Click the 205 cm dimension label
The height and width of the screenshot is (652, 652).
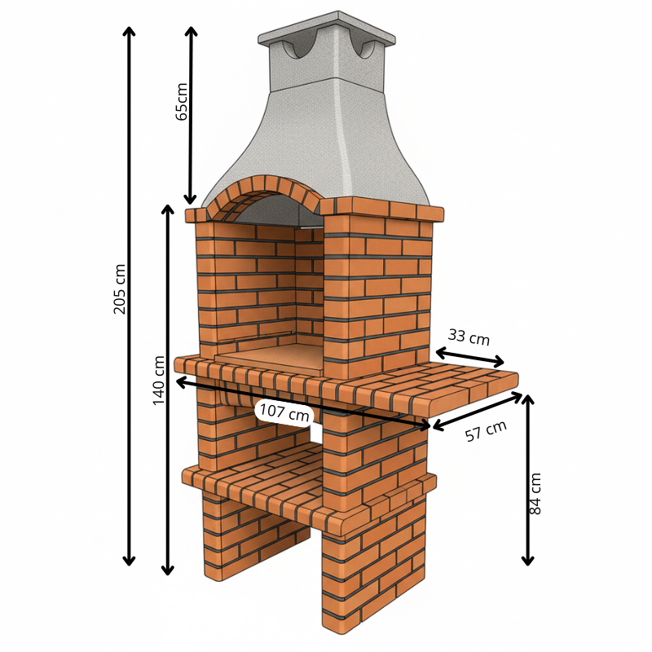[x=120, y=289]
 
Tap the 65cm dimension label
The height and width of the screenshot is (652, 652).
[x=182, y=102]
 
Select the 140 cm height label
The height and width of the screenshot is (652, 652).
[x=159, y=380]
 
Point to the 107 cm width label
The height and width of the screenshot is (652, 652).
[x=284, y=413]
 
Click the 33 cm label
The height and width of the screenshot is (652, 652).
[x=469, y=337]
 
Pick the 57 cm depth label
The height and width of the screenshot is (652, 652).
[x=486, y=431]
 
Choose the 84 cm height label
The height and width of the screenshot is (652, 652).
[x=535, y=494]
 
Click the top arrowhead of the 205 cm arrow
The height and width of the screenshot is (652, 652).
[x=130, y=30]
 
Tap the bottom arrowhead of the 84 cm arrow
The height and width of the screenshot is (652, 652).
[x=527, y=562]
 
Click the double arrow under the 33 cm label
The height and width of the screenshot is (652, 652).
[x=470, y=358]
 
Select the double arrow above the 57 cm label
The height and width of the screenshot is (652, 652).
[x=478, y=411]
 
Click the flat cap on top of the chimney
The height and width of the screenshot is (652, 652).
[x=327, y=29]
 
